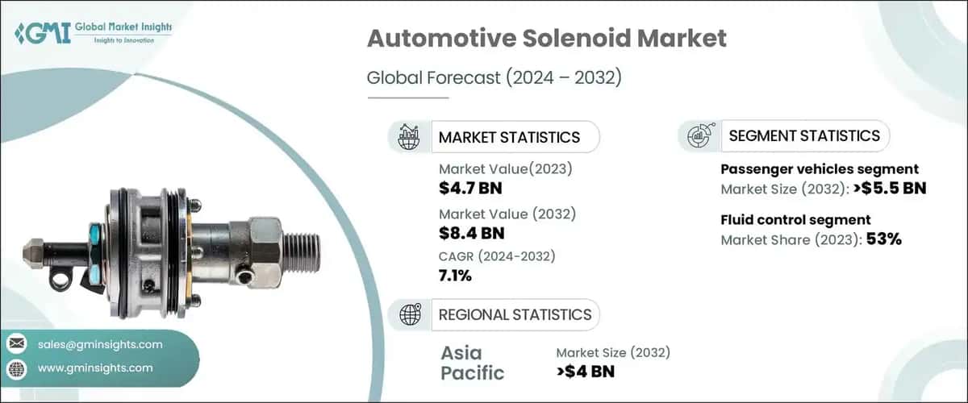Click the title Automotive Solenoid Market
click(x=547, y=39)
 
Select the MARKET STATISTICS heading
click(x=509, y=137)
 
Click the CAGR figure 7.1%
click(x=455, y=276)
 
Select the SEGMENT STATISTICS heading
click(x=803, y=136)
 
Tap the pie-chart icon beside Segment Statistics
click(x=699, y=136)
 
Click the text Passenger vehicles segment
click(x=819, y=169)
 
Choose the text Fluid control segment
click(x=795, y=219)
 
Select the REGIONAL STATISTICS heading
click(x=515, y=314)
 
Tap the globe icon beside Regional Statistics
click(x=410, y=314)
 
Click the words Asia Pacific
click(x=472, y=363)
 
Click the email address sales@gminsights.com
click(x=100, y=344)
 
